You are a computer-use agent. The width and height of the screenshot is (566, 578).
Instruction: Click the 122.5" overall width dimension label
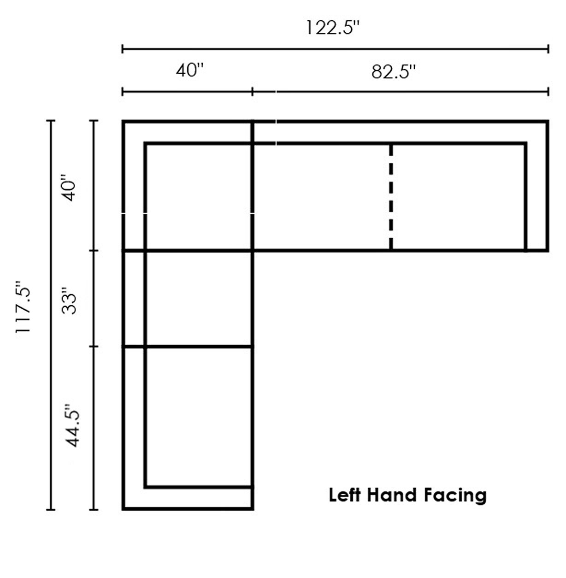tap(332, 28)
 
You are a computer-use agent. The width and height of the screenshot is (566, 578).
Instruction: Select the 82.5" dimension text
tap(394, 72)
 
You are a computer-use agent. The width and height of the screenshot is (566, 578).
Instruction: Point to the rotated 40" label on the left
tap(69, 188)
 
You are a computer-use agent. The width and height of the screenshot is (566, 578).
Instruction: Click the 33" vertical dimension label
tap(69, 301)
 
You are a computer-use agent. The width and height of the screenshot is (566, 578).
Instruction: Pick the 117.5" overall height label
tap(23, 307)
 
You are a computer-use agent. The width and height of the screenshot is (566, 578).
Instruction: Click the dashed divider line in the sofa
tap(390, 197)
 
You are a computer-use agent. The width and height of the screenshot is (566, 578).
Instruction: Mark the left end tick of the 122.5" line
tap(123, 48)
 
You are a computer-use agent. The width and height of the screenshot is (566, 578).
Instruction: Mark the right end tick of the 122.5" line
tap(548, 48)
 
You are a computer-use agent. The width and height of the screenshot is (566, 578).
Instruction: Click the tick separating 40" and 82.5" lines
tap(252, 91)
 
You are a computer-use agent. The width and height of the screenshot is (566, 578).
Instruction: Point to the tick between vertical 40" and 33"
tap(94, 250)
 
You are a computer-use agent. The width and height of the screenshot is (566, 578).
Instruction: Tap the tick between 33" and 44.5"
tap(94, 347)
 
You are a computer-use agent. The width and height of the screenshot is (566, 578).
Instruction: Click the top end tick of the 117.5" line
tap(51, 121)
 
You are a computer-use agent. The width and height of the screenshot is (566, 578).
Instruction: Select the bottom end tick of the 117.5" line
tap(51, 509)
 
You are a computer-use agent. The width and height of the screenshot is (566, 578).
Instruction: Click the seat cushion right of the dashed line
tap(458, 197)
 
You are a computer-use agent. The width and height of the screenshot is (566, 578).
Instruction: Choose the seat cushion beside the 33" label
tap(199, 299)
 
